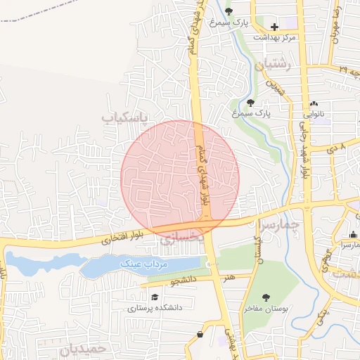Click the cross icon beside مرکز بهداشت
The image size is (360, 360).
(274, 27)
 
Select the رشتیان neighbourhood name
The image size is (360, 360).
(274, 65)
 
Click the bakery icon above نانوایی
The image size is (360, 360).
(314, 103)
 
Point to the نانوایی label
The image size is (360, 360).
(314, 113)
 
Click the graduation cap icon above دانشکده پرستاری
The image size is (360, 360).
(154, 297)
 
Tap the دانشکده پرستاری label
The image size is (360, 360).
(155, 307)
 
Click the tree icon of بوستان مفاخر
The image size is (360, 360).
(265, 298)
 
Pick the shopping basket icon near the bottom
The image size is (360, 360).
(201, 335)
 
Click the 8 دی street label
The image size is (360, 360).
(337, 148)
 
